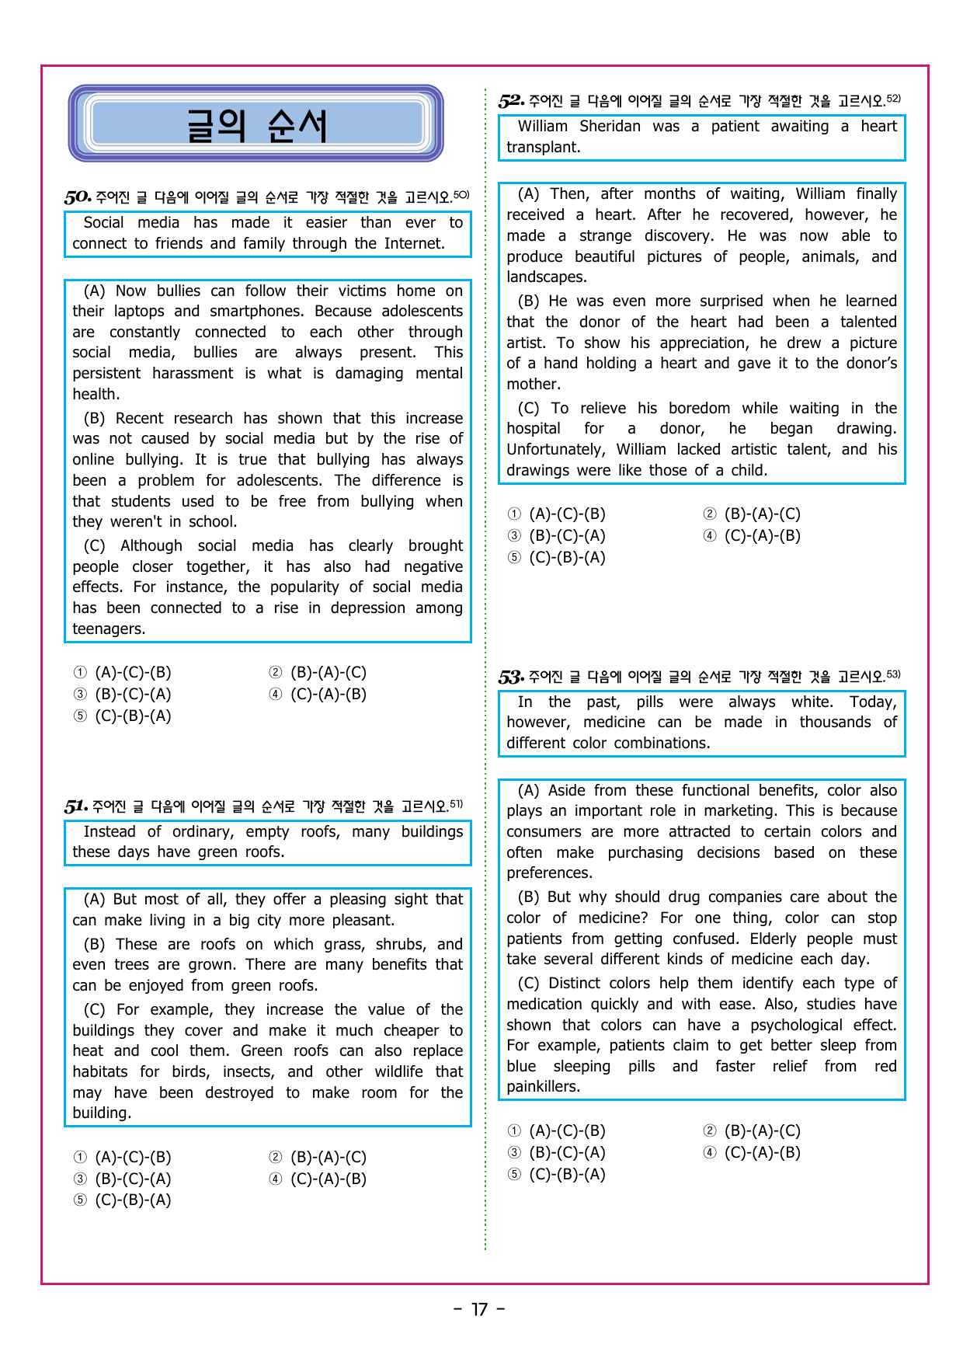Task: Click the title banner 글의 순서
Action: [256, 124]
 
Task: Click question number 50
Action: [78, 197]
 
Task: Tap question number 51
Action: [76, 806]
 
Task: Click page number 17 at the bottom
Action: [480, 1310]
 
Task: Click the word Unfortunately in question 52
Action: [555, 450]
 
